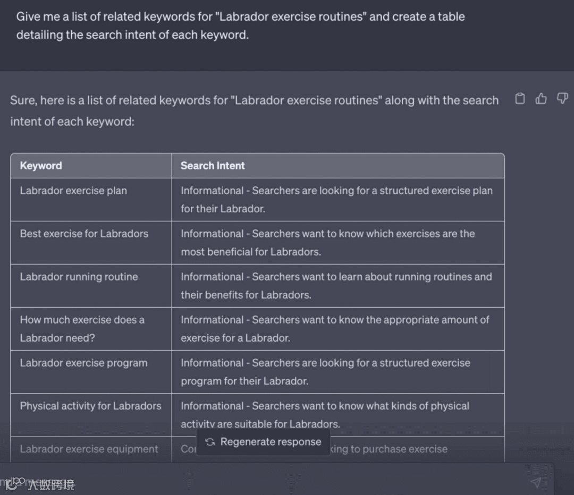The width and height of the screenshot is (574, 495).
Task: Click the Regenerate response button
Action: point(264,442)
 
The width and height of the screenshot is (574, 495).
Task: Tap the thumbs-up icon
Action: point(541,98)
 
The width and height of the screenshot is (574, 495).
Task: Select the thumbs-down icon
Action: point(562,98)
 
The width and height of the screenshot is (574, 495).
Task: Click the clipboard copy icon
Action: point(520,98)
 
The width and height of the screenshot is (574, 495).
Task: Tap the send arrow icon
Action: point(536,482)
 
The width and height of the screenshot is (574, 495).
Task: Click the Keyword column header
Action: point(41,166)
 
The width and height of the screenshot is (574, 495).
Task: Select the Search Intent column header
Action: point(213,166)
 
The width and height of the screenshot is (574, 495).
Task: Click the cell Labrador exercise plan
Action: point(73,191)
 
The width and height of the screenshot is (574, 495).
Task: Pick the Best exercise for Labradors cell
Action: point(84,234)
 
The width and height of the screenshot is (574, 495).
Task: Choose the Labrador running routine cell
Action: point(79,277)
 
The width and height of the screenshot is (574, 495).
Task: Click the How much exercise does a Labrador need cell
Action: point(82,328)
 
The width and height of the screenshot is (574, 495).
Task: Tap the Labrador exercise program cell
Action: point(83,363)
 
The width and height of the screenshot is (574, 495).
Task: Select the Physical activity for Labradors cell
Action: point(90,406)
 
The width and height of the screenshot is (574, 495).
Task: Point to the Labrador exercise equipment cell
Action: point(89,449)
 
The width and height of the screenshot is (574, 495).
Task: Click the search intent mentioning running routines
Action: point(336,285)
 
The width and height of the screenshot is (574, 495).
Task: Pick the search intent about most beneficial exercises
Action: point(327,242)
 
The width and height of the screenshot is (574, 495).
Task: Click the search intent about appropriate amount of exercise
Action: point(335,328)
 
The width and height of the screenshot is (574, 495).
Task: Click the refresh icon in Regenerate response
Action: point(210,442)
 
